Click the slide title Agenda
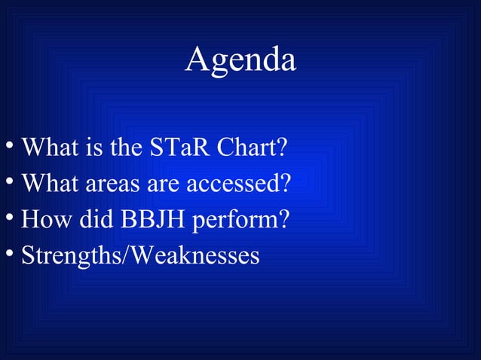click(x=240, y=60)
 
